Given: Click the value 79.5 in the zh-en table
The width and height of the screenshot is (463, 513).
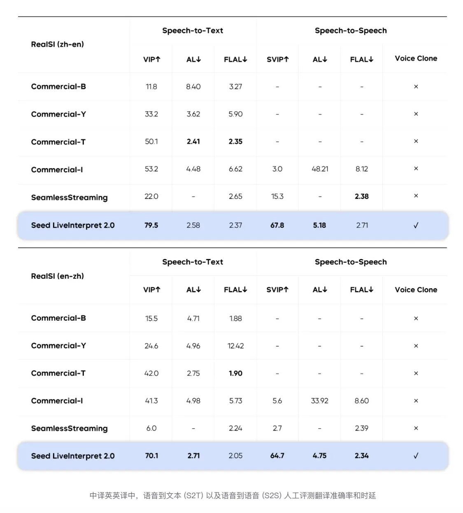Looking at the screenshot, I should click(151, 225).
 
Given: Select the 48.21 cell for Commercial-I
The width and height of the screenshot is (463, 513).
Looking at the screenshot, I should click(320, 169).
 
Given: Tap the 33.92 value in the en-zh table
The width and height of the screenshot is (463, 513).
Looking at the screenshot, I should click(319, 401).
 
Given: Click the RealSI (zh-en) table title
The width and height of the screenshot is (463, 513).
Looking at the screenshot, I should click(57, 44).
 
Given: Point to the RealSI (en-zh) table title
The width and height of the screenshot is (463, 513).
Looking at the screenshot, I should click(57, 276).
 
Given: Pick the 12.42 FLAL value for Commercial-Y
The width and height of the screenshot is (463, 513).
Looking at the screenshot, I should click(235, 346).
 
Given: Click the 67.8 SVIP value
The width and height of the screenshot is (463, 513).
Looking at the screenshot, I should click(277, 225).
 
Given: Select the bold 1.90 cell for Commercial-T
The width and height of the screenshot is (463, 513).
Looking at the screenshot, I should click(235, 373).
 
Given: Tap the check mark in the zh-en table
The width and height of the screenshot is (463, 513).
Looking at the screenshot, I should click(416, 225).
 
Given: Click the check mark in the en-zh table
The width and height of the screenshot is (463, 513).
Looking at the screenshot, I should click(416, 456).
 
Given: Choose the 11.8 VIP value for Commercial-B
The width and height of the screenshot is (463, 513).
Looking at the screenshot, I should click(151, 86).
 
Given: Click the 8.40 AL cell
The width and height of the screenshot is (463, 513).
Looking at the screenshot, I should click(193, 86).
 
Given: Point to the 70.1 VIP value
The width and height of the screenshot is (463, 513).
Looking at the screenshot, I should click(151, 456).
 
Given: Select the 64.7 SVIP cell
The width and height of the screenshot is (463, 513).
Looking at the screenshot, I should click(277, 456).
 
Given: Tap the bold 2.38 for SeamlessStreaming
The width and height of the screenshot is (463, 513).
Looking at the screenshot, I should click(361, 196).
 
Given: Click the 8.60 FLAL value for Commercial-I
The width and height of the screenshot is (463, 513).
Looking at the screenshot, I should click(361, 401).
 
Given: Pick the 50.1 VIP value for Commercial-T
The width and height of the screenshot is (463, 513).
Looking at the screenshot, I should click(151, 142).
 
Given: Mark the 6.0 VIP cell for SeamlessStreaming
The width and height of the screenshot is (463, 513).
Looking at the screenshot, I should click(151, 428).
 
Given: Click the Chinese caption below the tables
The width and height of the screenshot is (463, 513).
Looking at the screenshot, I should click(233, 496).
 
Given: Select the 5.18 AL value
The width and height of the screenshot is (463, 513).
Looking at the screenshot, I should click(319, 225).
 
